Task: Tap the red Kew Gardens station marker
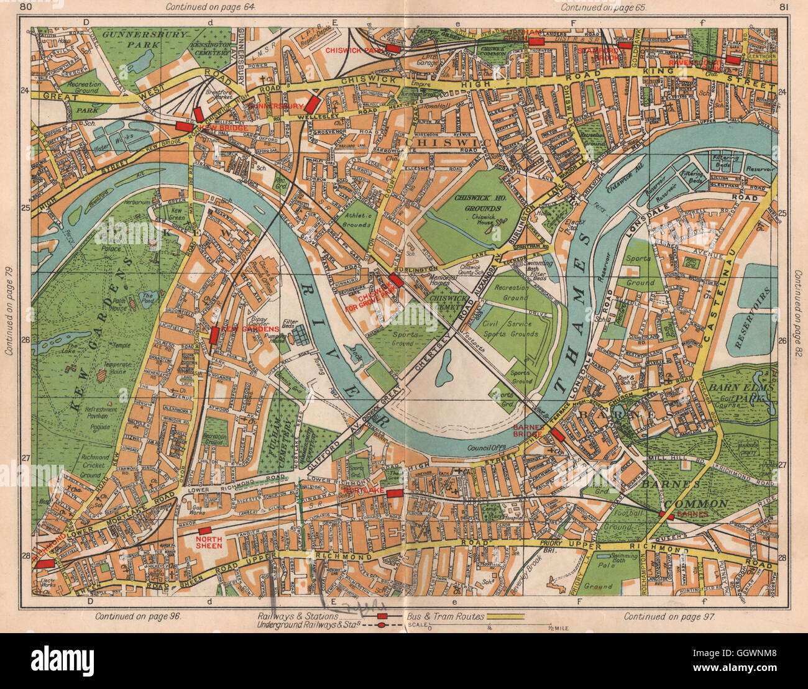214,335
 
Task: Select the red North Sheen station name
208,542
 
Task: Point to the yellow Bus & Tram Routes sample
506,616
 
